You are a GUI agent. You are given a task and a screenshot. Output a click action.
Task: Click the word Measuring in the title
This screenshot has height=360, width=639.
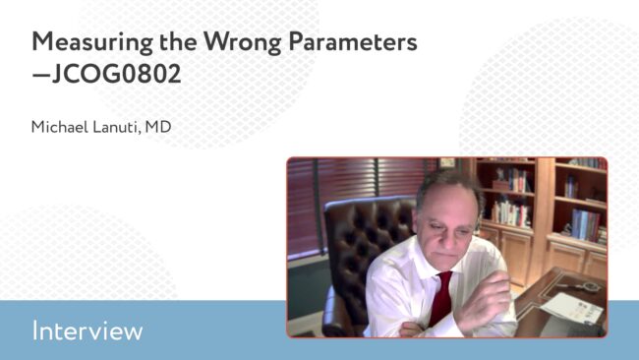click(x=92, y=43)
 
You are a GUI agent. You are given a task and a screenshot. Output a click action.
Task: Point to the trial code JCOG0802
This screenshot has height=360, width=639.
click(x=117, y=74)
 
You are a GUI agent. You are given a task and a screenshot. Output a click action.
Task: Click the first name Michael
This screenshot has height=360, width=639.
click(x=60, y=127)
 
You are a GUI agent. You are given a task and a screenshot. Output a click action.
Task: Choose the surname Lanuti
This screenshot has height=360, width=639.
click(x=117, y=127)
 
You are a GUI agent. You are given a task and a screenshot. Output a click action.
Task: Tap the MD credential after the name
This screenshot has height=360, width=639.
click(x=158, y=127)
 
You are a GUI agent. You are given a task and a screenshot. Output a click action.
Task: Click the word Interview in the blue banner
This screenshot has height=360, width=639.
click(x=87, y=330)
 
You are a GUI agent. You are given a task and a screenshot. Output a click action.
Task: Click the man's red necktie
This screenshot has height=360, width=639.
click(x=441, y=298)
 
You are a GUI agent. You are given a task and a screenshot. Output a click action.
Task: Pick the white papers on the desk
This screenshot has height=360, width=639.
click(x=572, y=308)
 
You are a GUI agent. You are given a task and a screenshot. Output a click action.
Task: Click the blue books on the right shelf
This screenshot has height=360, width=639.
click(x=585, y=223)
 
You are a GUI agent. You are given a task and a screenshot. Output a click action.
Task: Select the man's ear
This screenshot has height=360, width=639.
click(x=479, y=223)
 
